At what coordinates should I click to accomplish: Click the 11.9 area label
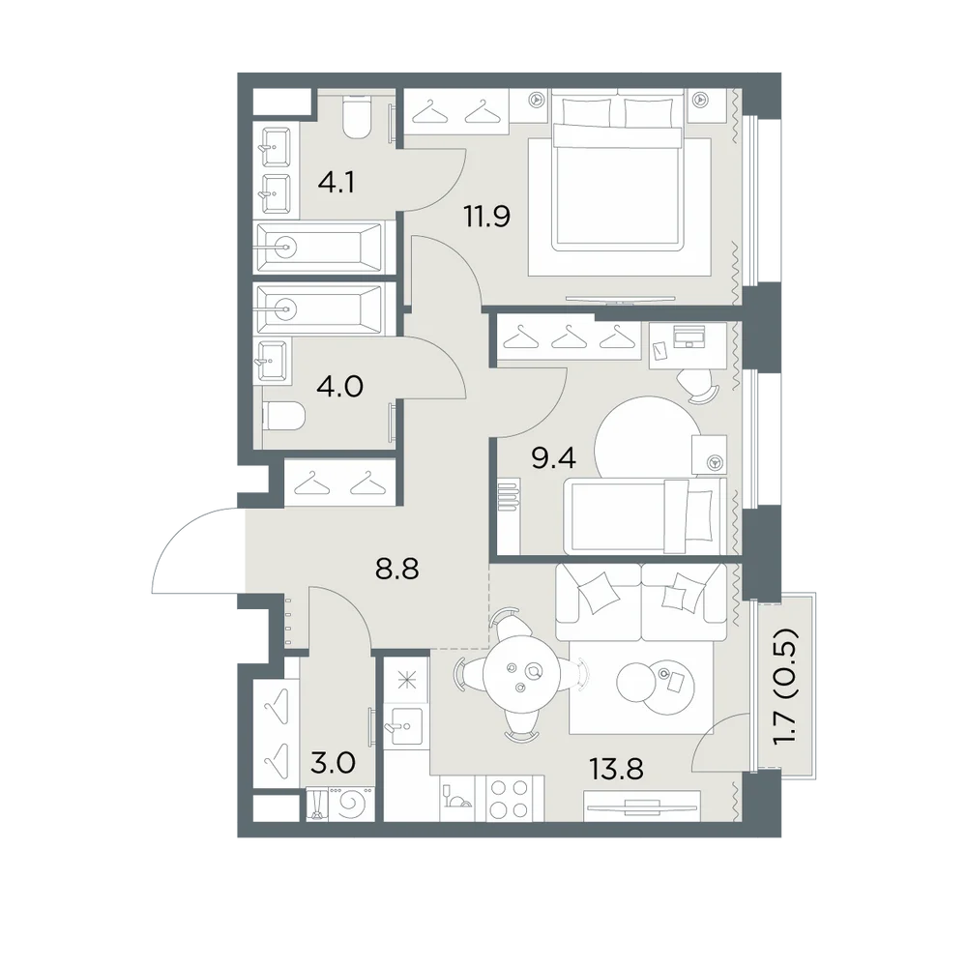point(487,217)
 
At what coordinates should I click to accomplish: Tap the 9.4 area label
point(553,457)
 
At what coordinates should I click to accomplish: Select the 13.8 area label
point(616,769)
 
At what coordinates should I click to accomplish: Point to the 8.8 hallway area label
point(396,570)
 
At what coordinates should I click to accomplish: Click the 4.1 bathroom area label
point(337,183)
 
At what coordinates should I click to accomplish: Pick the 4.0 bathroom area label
point(339,387)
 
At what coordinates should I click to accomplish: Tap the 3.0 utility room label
point(333,764)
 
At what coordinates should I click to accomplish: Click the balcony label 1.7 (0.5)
point(786,686)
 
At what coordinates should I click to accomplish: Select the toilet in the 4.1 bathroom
point(357,118)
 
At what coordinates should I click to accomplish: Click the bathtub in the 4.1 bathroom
point(318,248)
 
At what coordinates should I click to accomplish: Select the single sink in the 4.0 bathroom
point(272,361)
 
